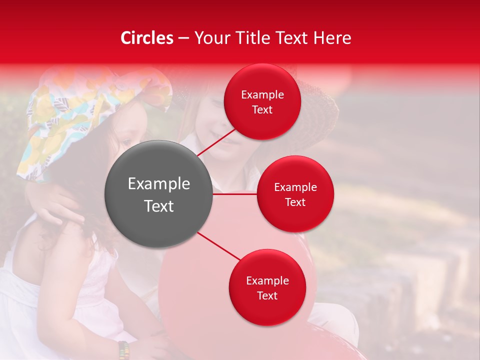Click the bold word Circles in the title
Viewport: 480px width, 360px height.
(x=147, y=38)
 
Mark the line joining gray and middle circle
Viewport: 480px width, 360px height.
(x=234, y=194)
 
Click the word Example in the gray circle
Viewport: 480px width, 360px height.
(x=159, y=184)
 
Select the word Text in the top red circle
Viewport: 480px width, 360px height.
(x=262, y=110)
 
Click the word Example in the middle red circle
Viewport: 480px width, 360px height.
(x=295, y=187)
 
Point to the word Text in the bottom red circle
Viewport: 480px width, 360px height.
(x=267, y=295)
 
